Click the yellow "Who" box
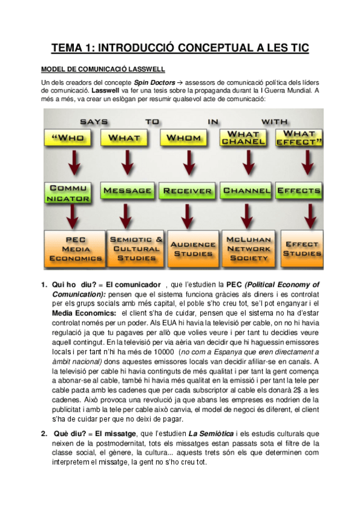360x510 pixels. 68,138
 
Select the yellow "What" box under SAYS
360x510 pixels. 127,138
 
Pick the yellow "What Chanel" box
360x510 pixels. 243,138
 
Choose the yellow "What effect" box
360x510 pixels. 299,138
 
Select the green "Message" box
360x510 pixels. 127,191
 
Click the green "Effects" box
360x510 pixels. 301,191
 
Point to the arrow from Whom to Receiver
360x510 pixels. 185,164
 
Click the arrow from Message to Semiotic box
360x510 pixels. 127,215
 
